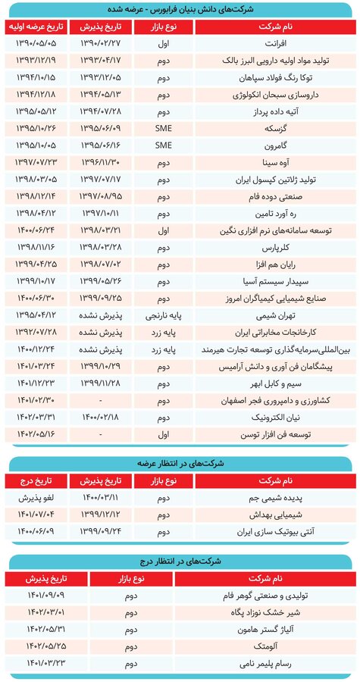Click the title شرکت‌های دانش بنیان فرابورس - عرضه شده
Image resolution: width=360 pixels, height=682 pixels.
(x=180, y=9)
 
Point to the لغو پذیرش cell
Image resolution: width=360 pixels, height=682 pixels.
(x=36, y=499)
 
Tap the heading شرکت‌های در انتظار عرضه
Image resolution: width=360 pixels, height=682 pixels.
(x=180, y=462)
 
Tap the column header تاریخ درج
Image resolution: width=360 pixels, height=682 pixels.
(x=36, y=480)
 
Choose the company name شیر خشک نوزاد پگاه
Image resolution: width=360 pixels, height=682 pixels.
(x=307, y=612)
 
